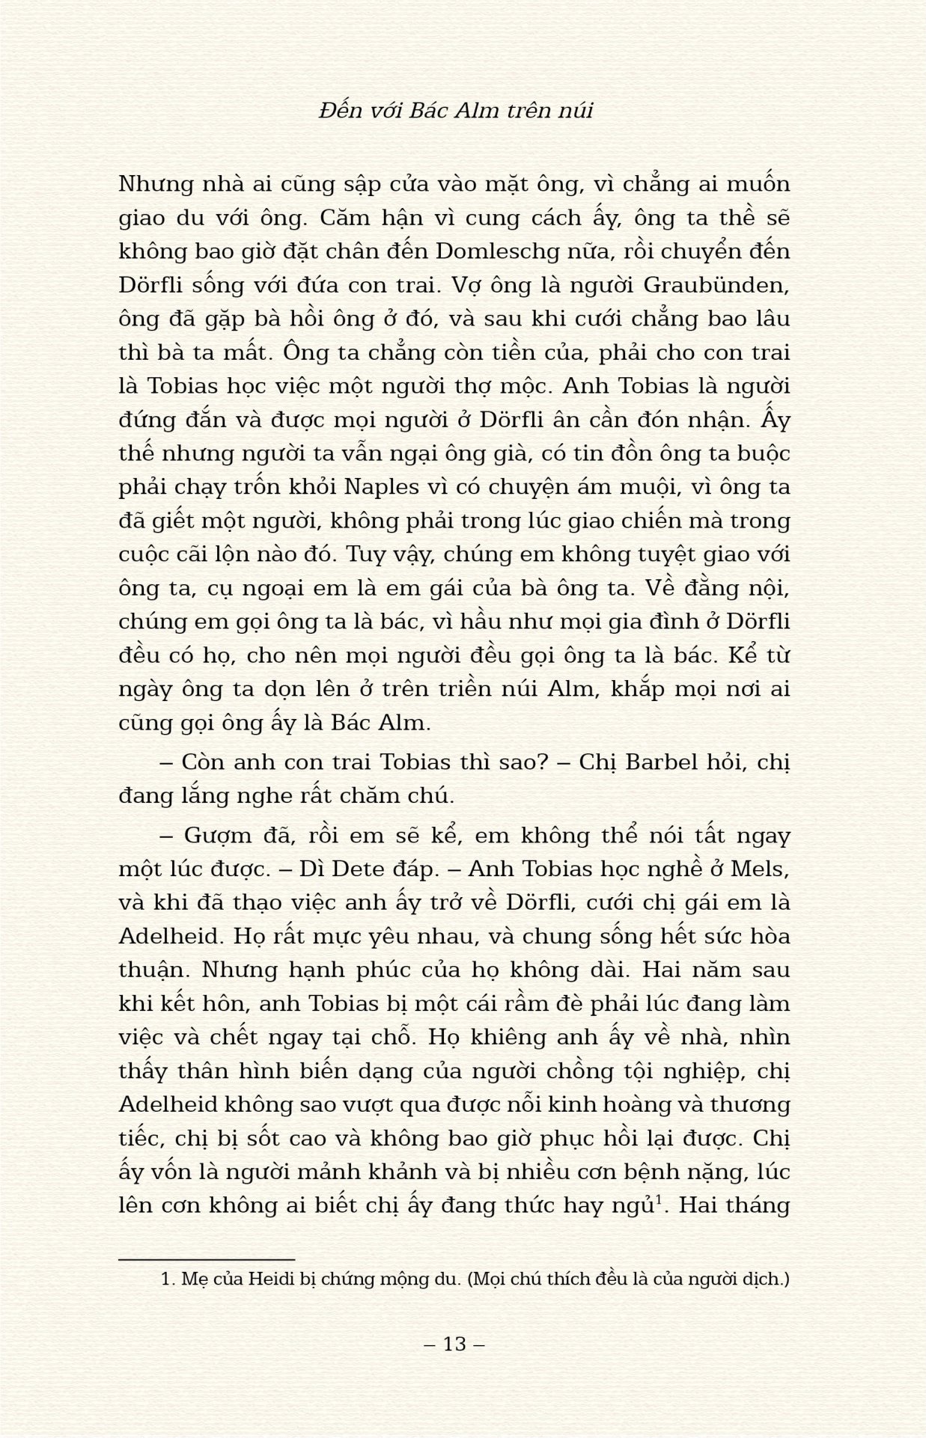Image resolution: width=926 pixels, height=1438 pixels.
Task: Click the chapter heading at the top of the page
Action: [455, 111]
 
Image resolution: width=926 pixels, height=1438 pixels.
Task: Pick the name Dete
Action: [353, 869]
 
